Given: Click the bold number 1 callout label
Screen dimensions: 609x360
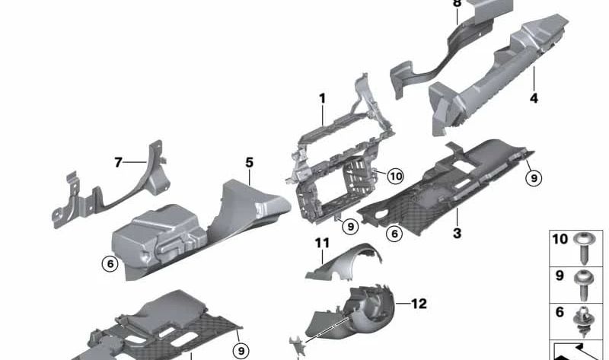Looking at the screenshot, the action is (x=322, y=99).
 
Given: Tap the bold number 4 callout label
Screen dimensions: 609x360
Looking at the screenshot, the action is (x=534, y=98).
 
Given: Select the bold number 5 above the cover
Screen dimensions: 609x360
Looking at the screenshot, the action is (x=249, y=162).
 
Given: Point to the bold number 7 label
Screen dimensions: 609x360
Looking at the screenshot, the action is (x=118, y=162).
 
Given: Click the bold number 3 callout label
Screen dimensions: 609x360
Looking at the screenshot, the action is (x=458, y=233).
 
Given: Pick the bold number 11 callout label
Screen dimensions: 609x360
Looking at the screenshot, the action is (x=322, y=243).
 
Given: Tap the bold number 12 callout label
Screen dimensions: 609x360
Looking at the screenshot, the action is (x=419, y=304).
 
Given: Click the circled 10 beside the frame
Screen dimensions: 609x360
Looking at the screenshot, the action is (x=396, y=177).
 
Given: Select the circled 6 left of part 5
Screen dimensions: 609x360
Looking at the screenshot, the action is (x=110, y=264).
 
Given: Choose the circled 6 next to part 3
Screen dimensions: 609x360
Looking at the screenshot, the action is (x=394, y=234).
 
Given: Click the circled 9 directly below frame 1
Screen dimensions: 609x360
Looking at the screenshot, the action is (x=350, y=226).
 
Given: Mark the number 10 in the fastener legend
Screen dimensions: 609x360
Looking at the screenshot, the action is (x=560, y=239).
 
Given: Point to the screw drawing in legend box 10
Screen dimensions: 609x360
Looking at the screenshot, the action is (x=584, y=248).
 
